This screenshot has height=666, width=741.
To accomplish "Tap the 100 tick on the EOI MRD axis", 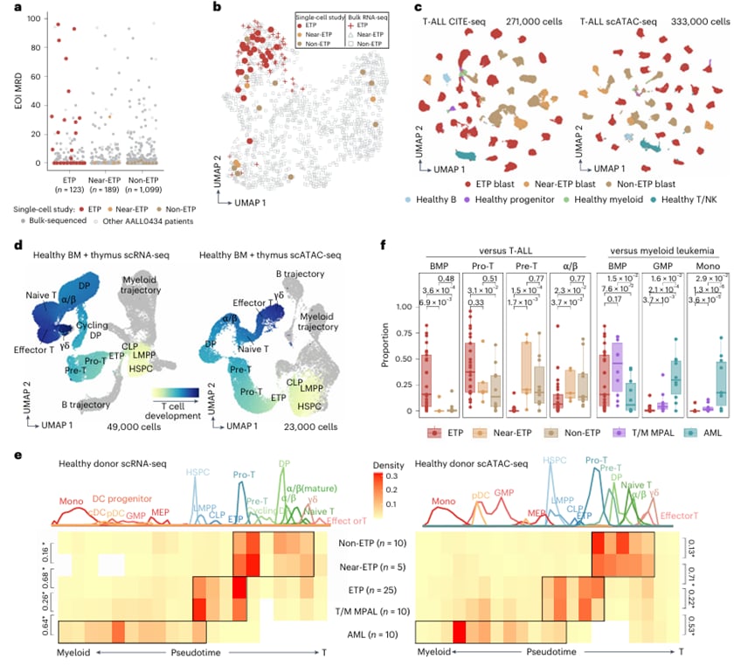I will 31,17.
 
